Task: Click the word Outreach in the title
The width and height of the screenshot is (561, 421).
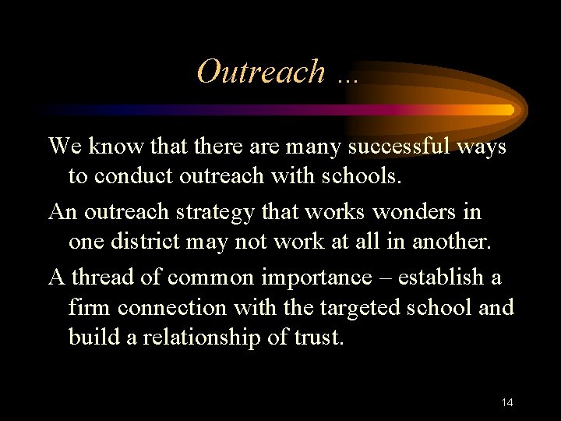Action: coord(261,72)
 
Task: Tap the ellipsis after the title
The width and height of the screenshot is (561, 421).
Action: coord(344,76)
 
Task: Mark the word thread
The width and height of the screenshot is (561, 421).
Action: coord(107,277)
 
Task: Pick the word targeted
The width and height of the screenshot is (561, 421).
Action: coord(356,307)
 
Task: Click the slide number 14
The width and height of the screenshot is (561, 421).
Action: coord(507,402)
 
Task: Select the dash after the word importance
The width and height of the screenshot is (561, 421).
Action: coord(386,278)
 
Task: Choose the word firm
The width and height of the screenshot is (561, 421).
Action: coord(90,307)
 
